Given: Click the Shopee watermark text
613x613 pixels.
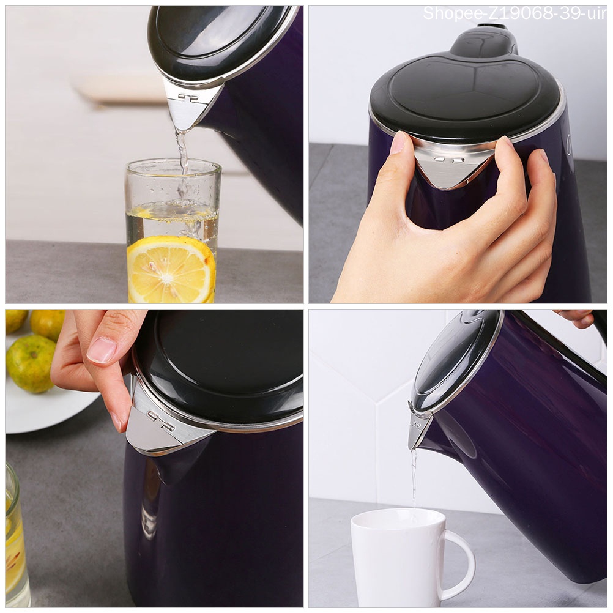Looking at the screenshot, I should tap(514, 13).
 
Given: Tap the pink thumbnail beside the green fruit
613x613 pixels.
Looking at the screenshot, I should tap(102, 350).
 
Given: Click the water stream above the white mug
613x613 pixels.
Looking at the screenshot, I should tap(414, 477).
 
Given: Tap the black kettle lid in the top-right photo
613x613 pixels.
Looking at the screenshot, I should tap(465, 92).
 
